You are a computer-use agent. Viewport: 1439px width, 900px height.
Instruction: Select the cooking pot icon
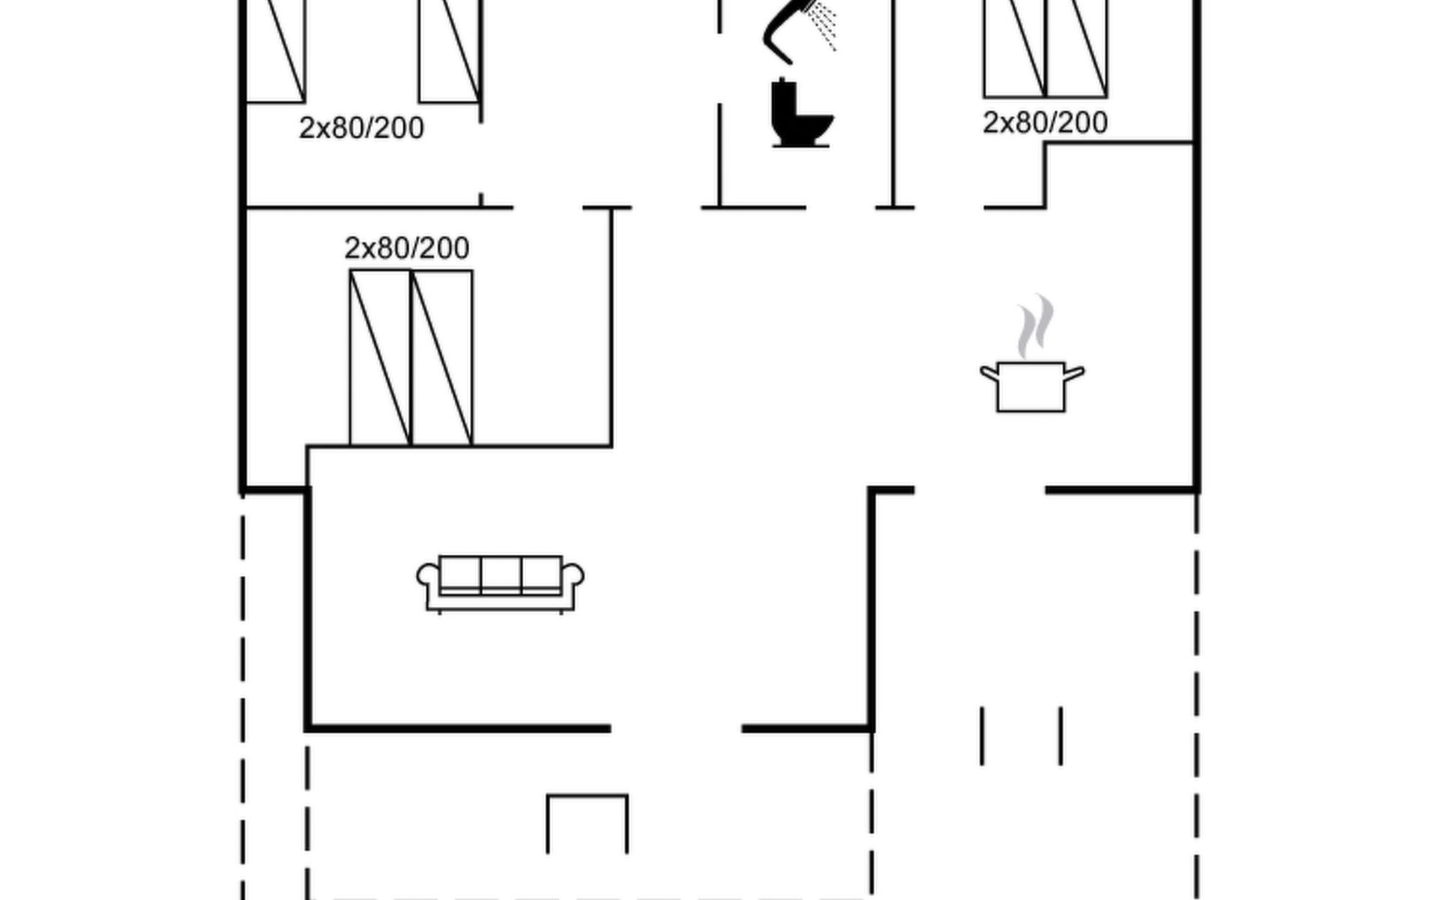[x=1031, y=386]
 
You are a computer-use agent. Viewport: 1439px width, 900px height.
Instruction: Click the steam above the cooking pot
[x=1034, y=326]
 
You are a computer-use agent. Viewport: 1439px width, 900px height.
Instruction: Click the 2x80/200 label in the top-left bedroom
[x=361, y=128]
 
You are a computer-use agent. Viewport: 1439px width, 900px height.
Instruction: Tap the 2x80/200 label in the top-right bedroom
[x=1045, y=123]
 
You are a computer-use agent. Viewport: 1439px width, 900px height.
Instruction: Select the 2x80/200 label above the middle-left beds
[x=407, y=248]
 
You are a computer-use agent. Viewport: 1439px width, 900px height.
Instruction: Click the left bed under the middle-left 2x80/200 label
[x=380, y=358]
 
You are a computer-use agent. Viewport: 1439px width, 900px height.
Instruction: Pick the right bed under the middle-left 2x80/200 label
[x=442, y=358]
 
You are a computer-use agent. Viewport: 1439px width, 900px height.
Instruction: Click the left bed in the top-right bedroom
[x=1014, y=49]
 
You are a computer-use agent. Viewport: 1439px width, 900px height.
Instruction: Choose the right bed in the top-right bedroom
[x=1077, y=49]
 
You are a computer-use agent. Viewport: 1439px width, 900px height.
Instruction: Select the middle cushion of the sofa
[x=501, y=574]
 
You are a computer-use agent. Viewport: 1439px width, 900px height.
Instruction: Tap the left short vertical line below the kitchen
[x=982, y=736]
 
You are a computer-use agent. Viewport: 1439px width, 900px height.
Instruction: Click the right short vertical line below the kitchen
[x=1061, y=736]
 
